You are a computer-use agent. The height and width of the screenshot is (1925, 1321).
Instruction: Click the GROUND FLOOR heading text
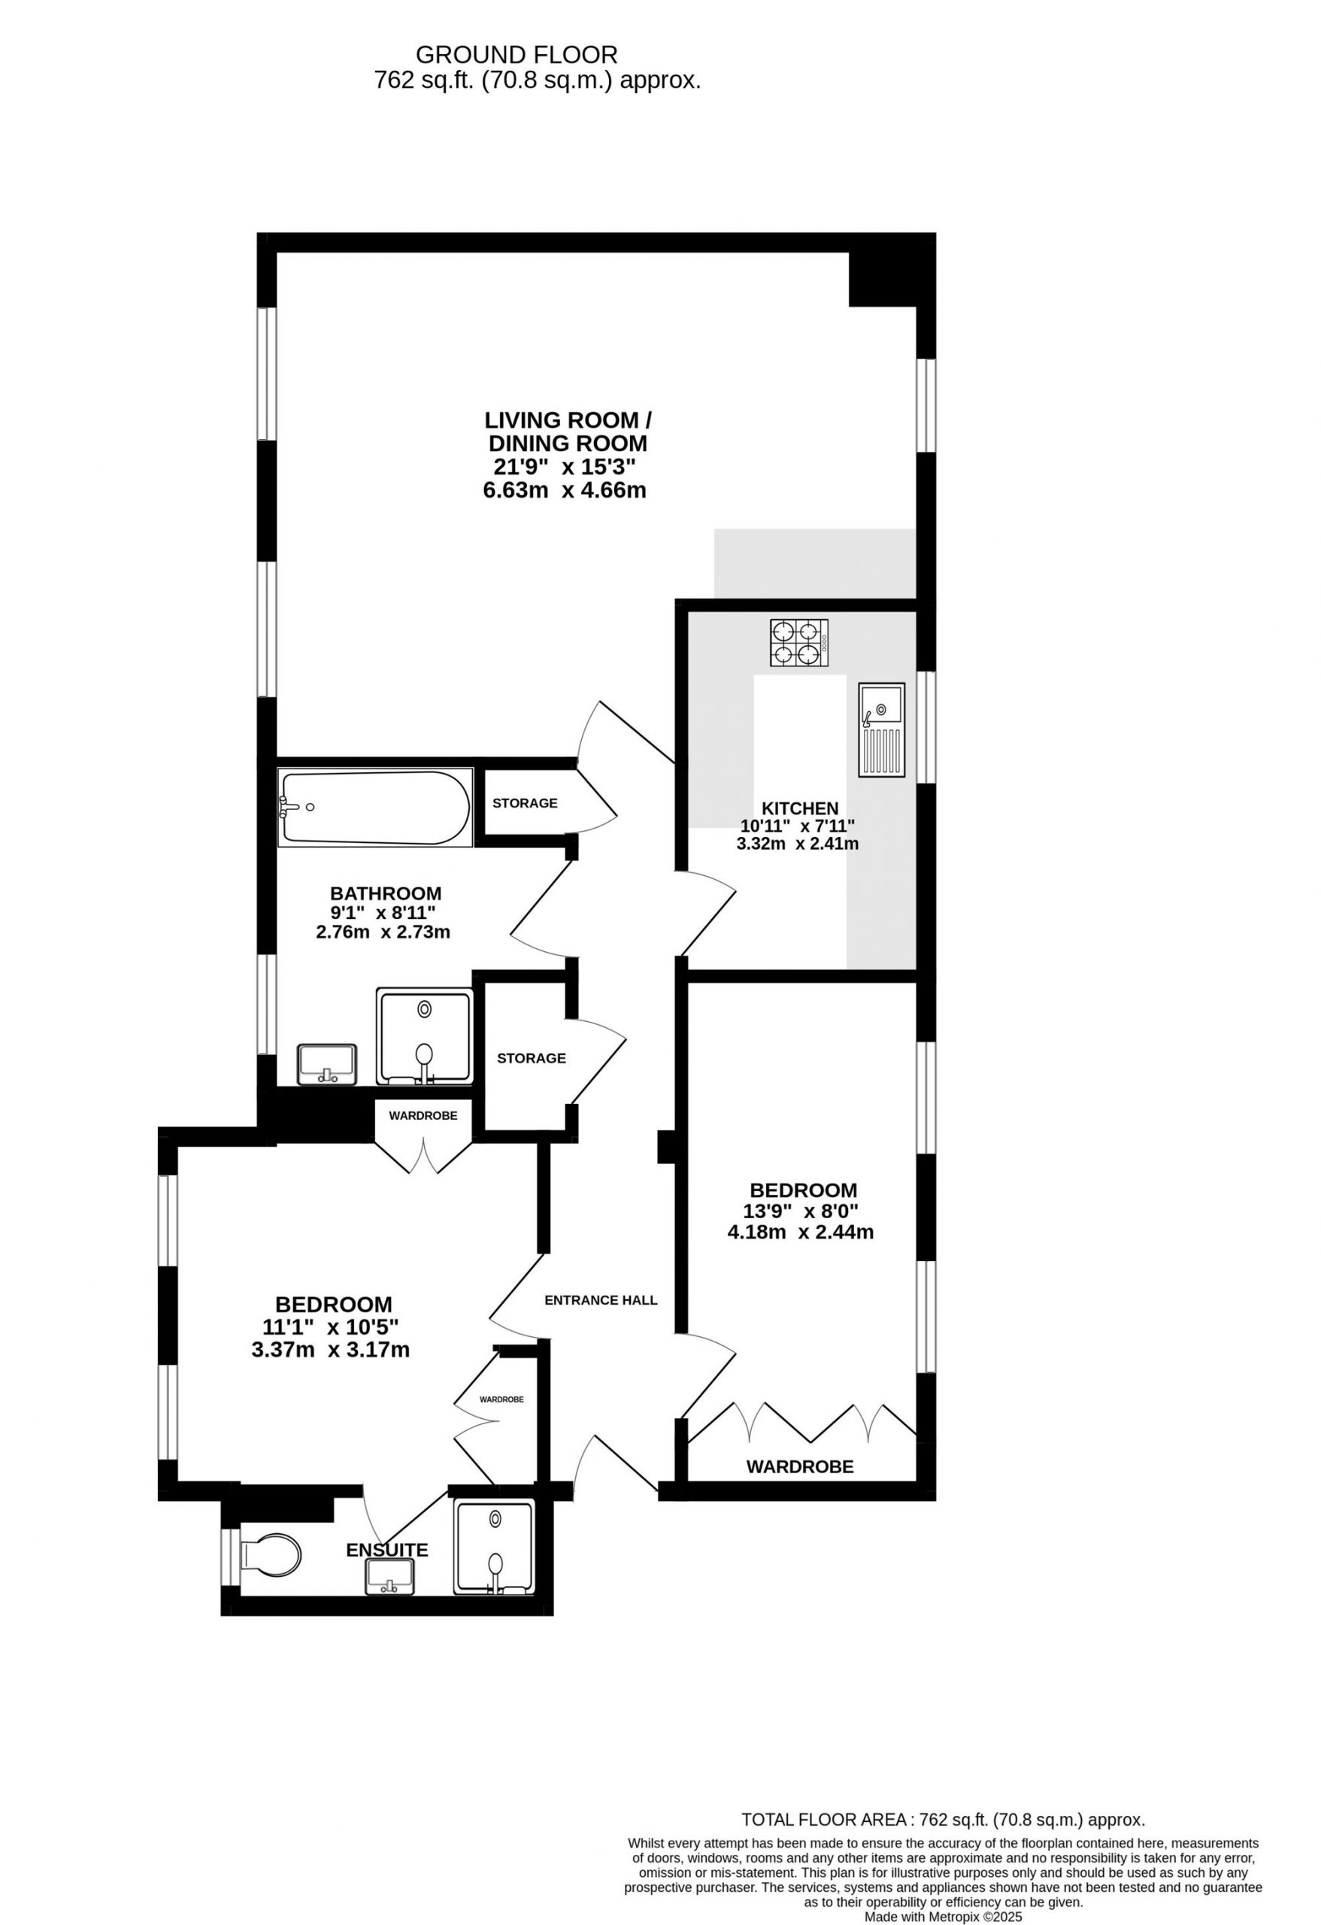tap(516, 55)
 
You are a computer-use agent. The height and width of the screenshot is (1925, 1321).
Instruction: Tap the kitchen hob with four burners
tap(798, 643)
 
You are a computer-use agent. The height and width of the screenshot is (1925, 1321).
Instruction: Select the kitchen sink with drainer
tap(881, 729)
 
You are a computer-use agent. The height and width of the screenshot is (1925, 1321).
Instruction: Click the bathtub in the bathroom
tap(377, 808)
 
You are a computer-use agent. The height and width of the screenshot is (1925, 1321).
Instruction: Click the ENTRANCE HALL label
tap(601, 1299)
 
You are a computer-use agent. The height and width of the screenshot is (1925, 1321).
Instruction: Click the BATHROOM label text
tap(385, 894)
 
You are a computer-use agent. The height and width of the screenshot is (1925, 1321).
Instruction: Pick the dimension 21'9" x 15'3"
tap(565, 466)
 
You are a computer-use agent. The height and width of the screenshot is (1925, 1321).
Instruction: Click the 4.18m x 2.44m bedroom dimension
tap(800, 1232)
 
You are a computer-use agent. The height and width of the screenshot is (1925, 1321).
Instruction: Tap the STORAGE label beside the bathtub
tap(524, 802)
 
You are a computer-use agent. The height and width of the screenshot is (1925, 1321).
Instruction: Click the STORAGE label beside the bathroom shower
tap(531, 1058)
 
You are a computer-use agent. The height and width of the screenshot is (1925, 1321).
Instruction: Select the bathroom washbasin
tap(326, 1063)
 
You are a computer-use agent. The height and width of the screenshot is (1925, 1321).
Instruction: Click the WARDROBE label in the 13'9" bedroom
tap(799, 1467)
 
